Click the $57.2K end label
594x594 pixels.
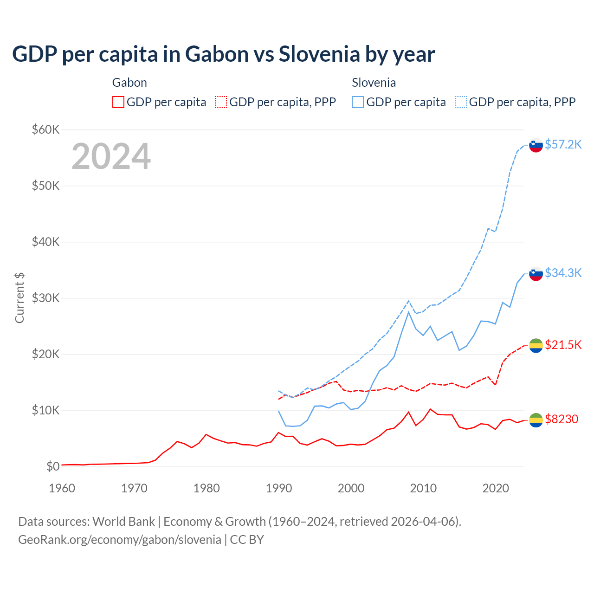tap(563, 144)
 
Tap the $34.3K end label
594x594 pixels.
tap(563, 273)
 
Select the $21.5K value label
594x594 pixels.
tap(563, 345)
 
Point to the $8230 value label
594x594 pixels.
tap(561, 420)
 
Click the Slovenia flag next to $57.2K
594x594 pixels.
tap(536, 145)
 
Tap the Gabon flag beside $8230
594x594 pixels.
tap(536, 420)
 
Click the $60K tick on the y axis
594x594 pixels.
tap(45, 129)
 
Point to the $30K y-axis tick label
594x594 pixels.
tap(45, 298)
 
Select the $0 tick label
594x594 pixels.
tap(52, 466)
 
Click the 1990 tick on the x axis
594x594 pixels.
tap(279, 488)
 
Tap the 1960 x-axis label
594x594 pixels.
tap(62, 488)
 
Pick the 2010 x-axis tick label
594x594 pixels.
tap(423, 488)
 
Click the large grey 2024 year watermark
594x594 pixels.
tap(111, 156)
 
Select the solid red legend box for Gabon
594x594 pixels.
tap(118, 102)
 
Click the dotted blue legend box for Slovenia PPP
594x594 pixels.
tap(461, 102)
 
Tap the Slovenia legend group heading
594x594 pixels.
tap(374, 83)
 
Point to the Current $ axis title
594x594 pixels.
tap(19, 298)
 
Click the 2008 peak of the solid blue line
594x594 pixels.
tap(408, 312)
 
